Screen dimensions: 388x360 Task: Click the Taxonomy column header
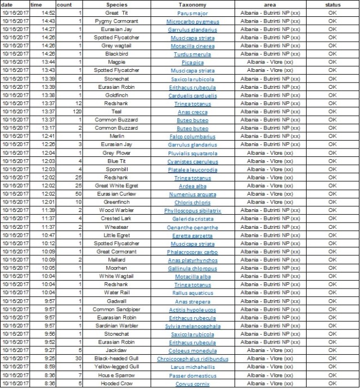tap(192, 4)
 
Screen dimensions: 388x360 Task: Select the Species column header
tap(116, 4)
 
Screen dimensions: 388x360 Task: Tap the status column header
tap(332, 4)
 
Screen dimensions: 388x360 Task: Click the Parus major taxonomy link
tap(192, 12)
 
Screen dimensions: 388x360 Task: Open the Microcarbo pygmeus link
tap(192, 21)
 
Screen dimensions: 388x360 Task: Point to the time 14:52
tap(48, 12)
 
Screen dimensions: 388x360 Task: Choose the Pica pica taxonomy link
tap(192, 62)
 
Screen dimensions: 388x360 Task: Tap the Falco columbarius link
tap(192, 136)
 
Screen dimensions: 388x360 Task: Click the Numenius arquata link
tap(192, 194)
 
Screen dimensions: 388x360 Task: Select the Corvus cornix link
tap(192, 384)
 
